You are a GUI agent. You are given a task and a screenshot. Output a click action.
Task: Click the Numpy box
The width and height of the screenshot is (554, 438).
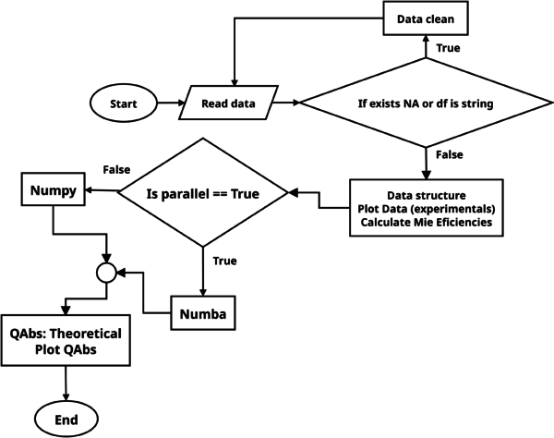point(53,192)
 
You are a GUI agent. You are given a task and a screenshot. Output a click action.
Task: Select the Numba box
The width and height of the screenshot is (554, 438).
point(202,313)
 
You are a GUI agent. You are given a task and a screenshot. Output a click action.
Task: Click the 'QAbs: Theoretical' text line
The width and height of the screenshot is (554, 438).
point(66,332)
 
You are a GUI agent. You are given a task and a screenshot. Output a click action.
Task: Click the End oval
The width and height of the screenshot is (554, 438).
point(66,420)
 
